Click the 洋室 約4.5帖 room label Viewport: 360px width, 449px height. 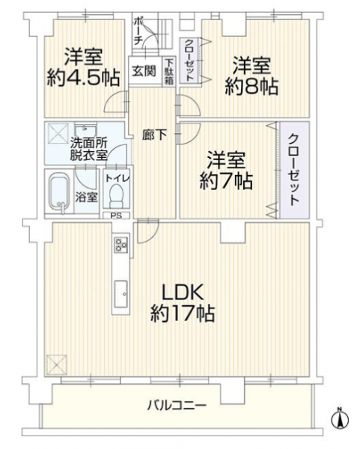[83, 67]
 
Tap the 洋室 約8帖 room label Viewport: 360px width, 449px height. [251, 76]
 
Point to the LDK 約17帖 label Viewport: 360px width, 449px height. [183, 302]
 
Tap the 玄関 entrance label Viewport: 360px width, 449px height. [144, 70]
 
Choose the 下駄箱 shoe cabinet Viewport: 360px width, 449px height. [169, 72]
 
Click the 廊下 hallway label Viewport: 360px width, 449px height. [155, 135]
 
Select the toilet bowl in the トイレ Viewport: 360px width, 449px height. [116, 196]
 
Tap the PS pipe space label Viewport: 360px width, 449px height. [116, 216]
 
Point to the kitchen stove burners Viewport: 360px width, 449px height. [121, 245]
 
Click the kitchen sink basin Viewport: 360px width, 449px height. [121, 294]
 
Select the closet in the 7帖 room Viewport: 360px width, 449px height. [294, 170]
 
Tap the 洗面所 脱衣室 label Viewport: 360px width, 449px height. [89, 149]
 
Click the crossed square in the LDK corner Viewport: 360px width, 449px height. [56, 364]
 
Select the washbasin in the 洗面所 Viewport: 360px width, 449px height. [85, 129]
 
